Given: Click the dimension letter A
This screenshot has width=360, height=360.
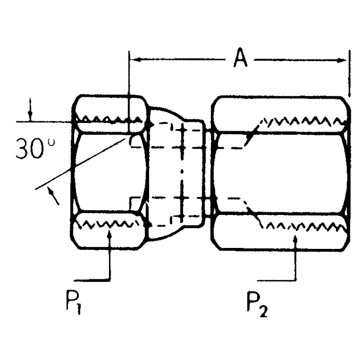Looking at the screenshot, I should (x=239, y=59).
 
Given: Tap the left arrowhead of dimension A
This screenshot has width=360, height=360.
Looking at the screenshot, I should (x=135, y=60).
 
